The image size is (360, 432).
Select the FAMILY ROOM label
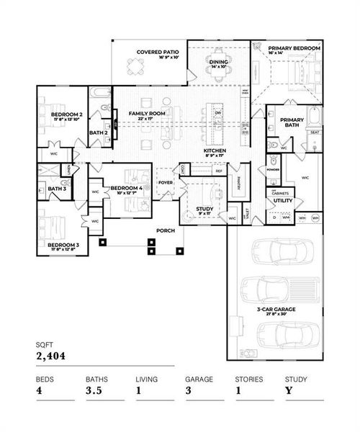(148, 114)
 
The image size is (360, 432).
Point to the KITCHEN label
(215, 150)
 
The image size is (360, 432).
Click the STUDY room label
(204, 210)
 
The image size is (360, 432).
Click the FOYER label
(166, 181)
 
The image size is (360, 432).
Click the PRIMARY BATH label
(292, 122)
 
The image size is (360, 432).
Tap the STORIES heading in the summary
(248, 377)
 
